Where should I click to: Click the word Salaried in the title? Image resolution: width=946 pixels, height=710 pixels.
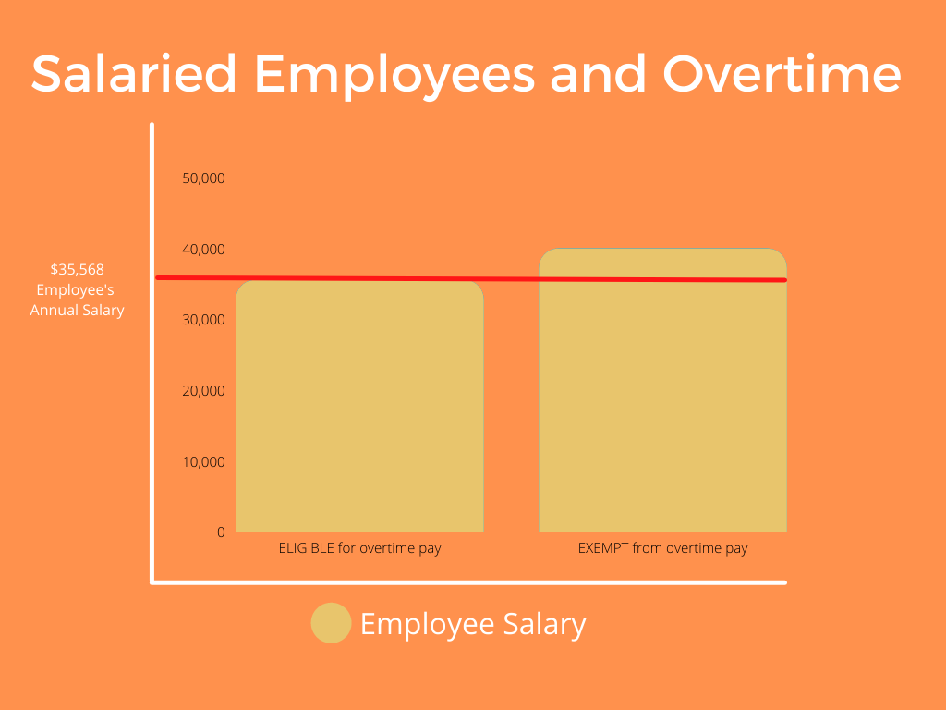coord(134,74)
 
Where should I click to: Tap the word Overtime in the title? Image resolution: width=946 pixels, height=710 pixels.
coord(782,74)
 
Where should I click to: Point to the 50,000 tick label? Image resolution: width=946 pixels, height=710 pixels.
coord(203,178)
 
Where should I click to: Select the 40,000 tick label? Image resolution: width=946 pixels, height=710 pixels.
coord(203,250)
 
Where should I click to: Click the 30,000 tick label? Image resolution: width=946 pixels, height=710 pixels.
coord(203,319)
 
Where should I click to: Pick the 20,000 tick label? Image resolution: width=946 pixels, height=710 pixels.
coord(203,391)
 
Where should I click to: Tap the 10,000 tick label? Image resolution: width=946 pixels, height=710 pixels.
coord(203,462)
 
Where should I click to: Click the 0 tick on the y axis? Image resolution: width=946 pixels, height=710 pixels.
coord(221,532)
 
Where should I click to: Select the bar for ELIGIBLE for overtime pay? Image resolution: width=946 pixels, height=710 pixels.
coord(359,407)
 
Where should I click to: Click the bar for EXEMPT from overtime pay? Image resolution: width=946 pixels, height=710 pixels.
coord(662,390)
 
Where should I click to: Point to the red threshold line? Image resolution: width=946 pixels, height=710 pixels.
coord(471,279)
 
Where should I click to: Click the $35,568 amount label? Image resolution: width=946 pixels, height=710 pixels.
coord(78,269)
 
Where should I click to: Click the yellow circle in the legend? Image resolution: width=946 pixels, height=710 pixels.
coord(332,623)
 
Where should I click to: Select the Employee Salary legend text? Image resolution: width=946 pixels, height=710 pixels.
coord(473,624)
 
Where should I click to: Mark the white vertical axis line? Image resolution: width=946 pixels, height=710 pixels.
coord(152,353)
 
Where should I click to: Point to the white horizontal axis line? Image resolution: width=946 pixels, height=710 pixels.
coord(468,582)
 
